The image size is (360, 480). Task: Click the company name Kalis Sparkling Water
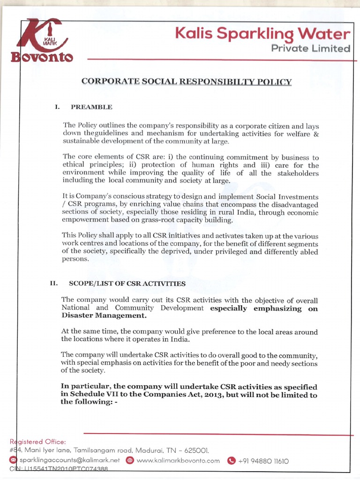point(262,34)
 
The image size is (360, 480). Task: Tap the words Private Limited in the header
point(313,49)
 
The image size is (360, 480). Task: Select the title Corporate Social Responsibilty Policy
point(187,82)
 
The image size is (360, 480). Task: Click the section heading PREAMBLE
point(91,107)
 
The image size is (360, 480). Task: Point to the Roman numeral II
point(53,284)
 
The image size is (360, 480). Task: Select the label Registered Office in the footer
point(38,442)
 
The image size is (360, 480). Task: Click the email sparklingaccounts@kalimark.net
point(70,461)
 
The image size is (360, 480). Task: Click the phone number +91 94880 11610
point(263,461)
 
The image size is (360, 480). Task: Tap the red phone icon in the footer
point(231,461)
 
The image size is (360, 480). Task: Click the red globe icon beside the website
point(130,461)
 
